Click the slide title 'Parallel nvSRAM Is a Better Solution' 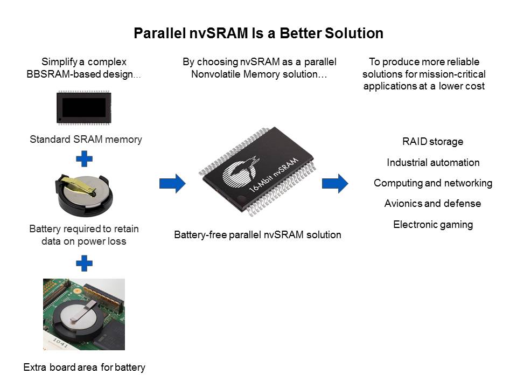258,33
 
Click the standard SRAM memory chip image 84,108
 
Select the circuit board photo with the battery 84,314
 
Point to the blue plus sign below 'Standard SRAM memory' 84,159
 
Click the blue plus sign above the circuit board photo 84,263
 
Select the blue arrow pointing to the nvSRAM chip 172,183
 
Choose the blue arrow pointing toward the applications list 335,183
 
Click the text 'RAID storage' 432,142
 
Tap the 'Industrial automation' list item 433,162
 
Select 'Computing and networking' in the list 433,183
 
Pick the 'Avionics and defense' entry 432,204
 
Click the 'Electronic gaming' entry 433,224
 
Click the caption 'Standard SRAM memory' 86,140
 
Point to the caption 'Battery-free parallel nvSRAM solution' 257,235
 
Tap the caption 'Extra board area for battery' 84,368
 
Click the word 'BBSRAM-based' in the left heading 59,74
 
